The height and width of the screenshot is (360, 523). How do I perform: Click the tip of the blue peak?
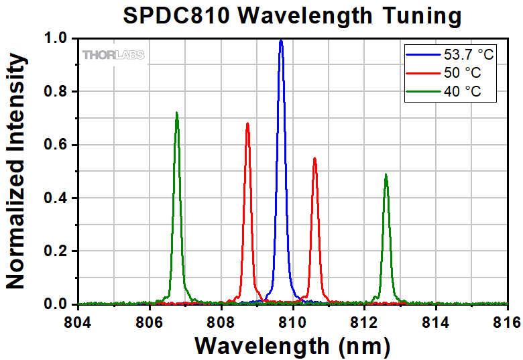(281, 41)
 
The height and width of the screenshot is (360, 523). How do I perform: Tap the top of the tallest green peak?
(176, 113)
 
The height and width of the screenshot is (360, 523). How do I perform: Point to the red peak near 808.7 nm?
(247, 124)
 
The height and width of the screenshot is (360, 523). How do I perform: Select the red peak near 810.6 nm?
(314, 159)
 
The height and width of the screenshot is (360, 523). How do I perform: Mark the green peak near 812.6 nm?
(386, 175)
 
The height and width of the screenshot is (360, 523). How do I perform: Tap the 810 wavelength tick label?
(292, 321)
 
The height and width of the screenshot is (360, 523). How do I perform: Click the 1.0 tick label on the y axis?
(52, 39)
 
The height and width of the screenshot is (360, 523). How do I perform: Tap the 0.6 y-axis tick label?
(52, 145)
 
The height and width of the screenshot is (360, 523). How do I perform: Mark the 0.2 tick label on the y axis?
(52, 251)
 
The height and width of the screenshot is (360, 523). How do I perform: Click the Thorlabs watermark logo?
(113, 55)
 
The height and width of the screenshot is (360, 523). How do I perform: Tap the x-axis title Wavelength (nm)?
(292, 346)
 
